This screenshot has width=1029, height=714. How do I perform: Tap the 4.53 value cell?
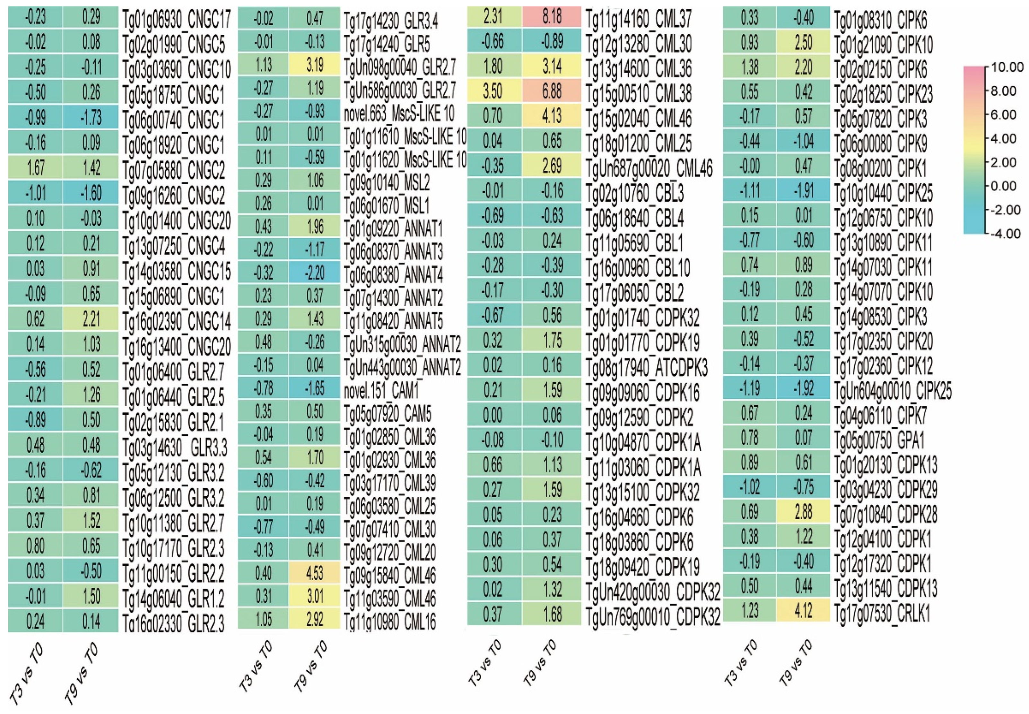coord(315,573)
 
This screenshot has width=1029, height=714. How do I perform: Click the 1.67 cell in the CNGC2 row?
coord(35,168)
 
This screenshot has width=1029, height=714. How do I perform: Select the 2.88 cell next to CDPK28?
coord(804,512)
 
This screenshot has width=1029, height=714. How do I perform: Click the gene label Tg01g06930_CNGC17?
coord(177,19)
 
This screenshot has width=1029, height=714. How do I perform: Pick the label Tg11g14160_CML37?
coord(638,19)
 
